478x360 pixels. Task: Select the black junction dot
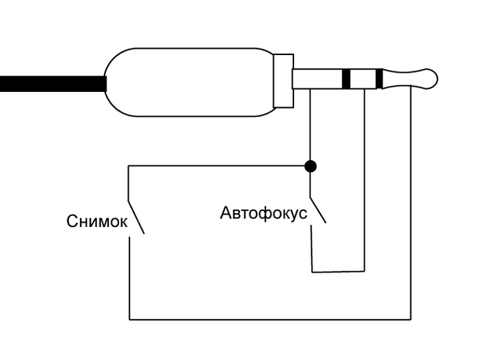(x=310, y=166)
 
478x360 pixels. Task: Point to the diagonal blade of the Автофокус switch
(x=318, y=209)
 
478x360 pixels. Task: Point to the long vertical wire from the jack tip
(x=410, y=206)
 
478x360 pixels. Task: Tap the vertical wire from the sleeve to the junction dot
(x=310, y=125)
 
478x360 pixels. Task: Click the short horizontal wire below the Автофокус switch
(x=338, y=271)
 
